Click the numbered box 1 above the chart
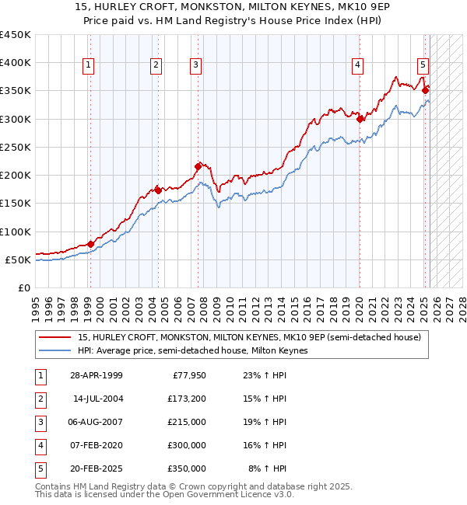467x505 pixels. click(x=89, y=66)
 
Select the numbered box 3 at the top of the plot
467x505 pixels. click(x=195, y=66)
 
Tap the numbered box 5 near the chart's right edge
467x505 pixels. click(x=422, y=66)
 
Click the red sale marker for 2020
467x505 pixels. click(x=360, y=119)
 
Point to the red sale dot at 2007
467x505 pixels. click(x=198, y=165)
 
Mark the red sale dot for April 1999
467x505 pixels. click(x=90, y=244)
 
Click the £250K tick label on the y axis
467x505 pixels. click(x=16, y=147)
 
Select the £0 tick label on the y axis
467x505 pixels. click(x=24, y=287)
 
